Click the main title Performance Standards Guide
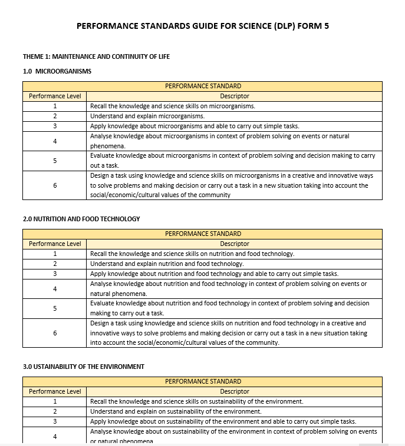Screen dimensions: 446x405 (x=203, y=26)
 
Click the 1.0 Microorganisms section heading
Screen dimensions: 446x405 (x=57, y=71)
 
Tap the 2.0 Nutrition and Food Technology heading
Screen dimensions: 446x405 (x=81, y=219)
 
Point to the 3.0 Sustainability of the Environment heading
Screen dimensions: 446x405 (x=84, y=367)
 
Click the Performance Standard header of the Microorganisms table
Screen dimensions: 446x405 (x=203, y=86)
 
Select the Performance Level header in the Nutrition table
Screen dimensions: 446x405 (x=55, y=244)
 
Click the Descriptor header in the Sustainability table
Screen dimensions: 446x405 (x=235, y=391)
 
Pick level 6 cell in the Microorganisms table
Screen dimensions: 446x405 (x=55, y=185)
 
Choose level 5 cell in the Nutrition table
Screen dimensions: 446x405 (x=55, y=308)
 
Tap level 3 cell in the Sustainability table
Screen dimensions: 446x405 (x=55, y=421)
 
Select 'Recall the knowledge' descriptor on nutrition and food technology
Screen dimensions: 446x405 (x=192, y=254)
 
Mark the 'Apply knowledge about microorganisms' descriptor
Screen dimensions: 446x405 (x=195, y=126)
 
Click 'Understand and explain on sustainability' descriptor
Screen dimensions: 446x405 (x=176, y=411)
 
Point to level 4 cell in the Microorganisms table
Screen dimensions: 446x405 (x=55, y=141)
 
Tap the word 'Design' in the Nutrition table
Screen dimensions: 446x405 (x=100, y=323)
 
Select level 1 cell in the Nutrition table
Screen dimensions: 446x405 (x=55, y=254)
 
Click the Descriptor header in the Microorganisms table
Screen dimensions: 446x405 (x=235, y=96)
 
